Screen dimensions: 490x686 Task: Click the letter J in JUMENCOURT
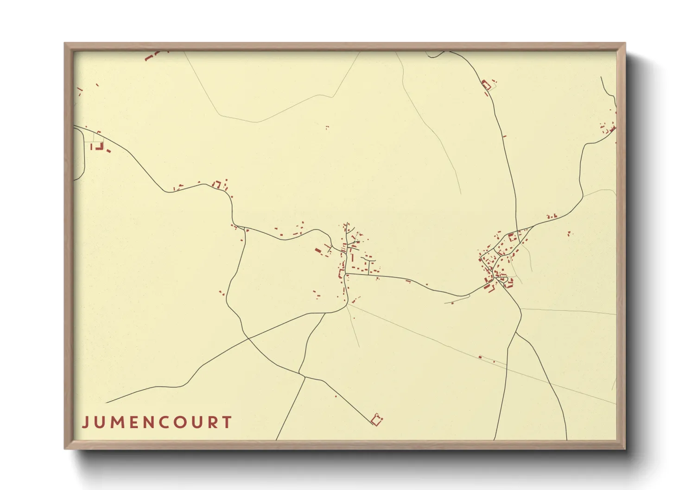point(85,422)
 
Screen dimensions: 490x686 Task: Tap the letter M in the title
point(116,422)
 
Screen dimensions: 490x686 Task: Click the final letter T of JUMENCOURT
point(227,422)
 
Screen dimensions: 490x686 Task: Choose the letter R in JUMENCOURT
point(212,422)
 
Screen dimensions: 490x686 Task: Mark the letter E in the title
point(133,422)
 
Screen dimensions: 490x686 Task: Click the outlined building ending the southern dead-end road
point(377,420)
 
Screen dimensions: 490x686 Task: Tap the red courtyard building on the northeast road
point(486,85)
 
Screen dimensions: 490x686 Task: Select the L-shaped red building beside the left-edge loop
point(99,146)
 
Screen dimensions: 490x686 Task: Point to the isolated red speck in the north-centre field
point(327,127)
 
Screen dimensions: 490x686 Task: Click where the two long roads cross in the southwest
point(248,338)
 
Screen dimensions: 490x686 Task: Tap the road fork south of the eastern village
point(516,332)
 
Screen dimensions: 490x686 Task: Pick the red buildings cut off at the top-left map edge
point(153,56)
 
